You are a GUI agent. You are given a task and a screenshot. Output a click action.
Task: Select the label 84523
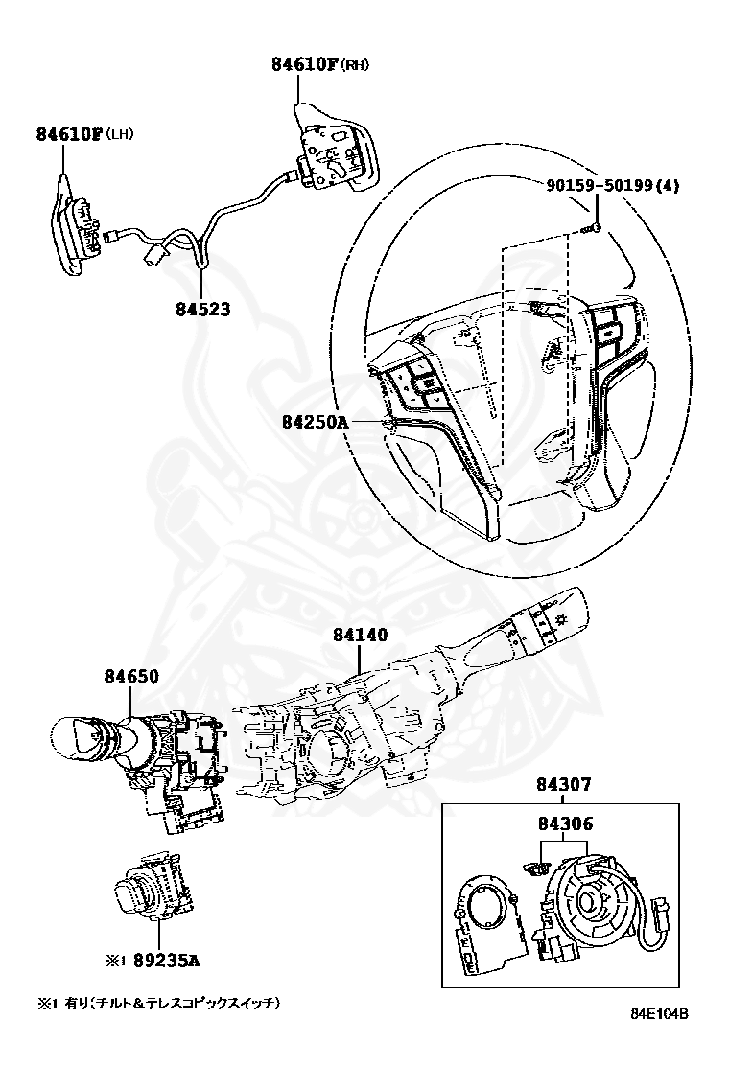[x=202, y=310]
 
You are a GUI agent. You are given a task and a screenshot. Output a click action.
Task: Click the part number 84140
[x=361, y=634]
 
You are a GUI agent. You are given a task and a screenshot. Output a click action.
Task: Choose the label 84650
[x=131, y=676]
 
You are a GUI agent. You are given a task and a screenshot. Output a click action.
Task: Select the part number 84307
[x=564, y=785]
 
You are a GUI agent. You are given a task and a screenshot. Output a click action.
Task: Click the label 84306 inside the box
[x=564, y=823]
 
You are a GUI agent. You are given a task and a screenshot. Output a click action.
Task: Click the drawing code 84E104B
[x=659, y=1040]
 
